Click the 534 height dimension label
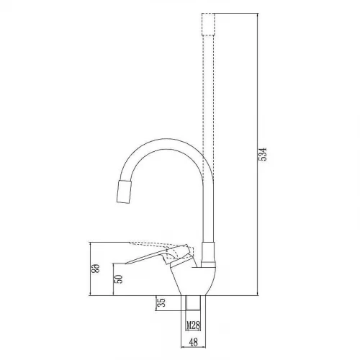(264, 154)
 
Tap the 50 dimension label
(119, 279)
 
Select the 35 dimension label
(162, 302)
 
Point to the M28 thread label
(193, 325)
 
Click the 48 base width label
(194, 342)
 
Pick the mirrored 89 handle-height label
(96, 269)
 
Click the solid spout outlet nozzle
(124, 192)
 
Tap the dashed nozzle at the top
(208, 24)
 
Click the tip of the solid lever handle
(126, 264)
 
